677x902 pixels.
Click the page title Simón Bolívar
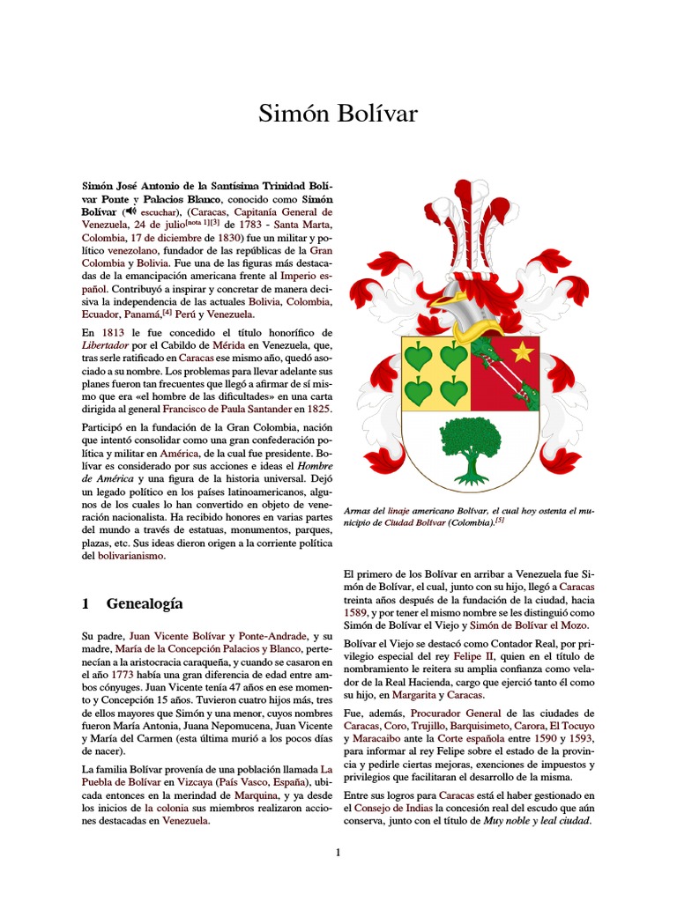pyautogui.click(x=338, y=114)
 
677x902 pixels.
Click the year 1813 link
pyautogui.click(x=113, y=332)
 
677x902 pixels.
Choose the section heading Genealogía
pyautogui.click(x=144, y=603)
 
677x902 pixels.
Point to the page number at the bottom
pyautogui.click(x=338, y=852)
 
